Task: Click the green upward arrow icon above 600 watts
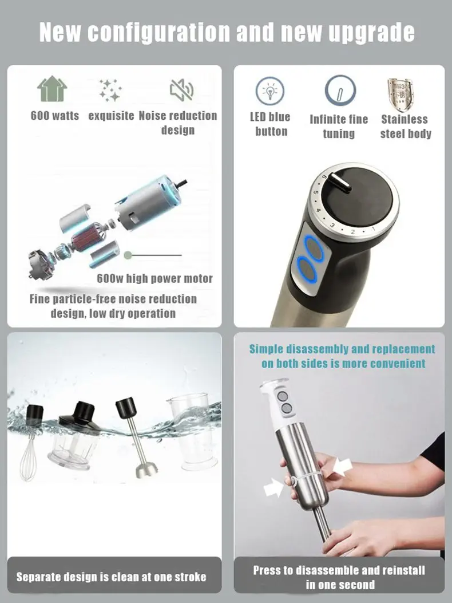coord(52,89)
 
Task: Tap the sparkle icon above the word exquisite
coord(110,89)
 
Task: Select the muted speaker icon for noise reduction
coord(181,89)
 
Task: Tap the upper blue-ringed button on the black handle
coord(312,248)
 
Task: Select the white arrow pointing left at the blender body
coord(342,468)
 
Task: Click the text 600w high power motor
coord(154,279)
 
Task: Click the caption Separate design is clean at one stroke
coord(111,577)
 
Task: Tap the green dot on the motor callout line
coord(128,255)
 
